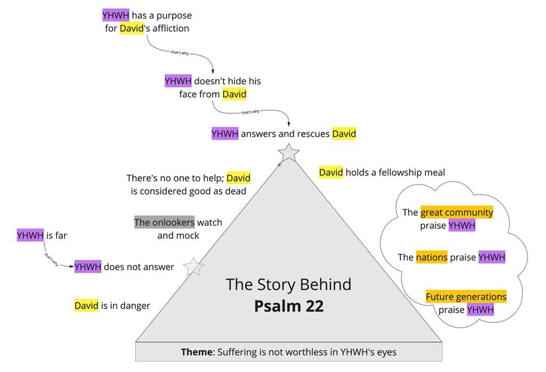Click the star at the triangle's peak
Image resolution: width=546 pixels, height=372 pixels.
[x=289, y=153]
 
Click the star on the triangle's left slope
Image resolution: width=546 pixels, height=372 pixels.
[x=193, y=266]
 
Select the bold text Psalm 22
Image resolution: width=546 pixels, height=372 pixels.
[x=289, y=306]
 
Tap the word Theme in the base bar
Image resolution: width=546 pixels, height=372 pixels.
[x=197, y=352]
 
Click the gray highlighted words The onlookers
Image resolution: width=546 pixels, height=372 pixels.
[x=164, y=222]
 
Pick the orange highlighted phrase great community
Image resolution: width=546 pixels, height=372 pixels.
[x=457, y=212]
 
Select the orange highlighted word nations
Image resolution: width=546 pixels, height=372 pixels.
[x=432, y=257]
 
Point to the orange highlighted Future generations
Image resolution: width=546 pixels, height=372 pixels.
[x=466, y=297]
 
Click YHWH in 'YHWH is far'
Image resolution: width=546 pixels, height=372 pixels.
[x=30, y=235]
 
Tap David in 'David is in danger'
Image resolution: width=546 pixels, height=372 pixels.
[x=86, y=306]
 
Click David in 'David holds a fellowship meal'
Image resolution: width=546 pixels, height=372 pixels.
[x=331, y=173]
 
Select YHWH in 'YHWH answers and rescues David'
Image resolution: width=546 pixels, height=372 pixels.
[x=224, y=134]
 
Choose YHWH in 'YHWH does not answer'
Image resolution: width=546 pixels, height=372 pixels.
[x=87, y=267]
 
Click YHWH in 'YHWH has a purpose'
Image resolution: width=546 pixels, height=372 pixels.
[x=116, y=15]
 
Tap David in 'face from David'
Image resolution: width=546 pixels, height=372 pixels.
[x=234, y=95]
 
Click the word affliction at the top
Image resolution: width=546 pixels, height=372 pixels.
[x=169, y=28]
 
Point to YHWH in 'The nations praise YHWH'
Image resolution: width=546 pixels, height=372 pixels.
[x=492, y=257]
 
